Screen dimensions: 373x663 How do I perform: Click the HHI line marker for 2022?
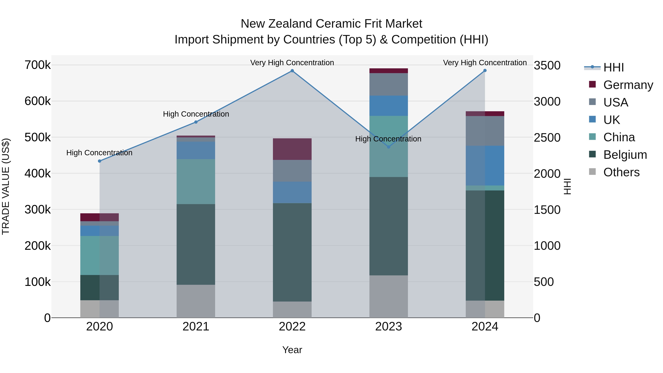[x=292, y=71]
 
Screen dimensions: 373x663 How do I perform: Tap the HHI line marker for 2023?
[x=389, y=147]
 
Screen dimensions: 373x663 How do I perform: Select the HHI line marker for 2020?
[x=100, y=161]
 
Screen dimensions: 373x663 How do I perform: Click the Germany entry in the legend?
[x=628, y=85]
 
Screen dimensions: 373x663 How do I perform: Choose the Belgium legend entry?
[x=625, y=155]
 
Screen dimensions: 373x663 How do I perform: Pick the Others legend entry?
[x=621, y=172]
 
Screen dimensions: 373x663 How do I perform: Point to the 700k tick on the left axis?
[x=38, y=65]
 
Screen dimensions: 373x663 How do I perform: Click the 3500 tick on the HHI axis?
[x=547, y=65]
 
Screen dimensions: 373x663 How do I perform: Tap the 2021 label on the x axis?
[x=196, y=327]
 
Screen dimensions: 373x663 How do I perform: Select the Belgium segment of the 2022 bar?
[x=292, y=252]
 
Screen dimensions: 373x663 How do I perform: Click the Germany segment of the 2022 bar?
[x=292, y=149]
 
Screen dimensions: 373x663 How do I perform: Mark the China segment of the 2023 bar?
[x=389, y=146]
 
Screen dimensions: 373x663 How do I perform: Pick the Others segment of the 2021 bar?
[x=196, y=301]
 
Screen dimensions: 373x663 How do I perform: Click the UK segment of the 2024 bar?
[x=485, y=166]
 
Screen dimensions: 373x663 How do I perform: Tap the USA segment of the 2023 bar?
[x=389, y=84]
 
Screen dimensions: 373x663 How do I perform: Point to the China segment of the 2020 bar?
[x=100, y=255]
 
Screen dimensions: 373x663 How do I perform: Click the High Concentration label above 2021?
[x=196, y=114]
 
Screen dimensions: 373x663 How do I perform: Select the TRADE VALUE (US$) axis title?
[x=6, y=186]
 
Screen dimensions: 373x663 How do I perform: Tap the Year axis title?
[x=292, y=350]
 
